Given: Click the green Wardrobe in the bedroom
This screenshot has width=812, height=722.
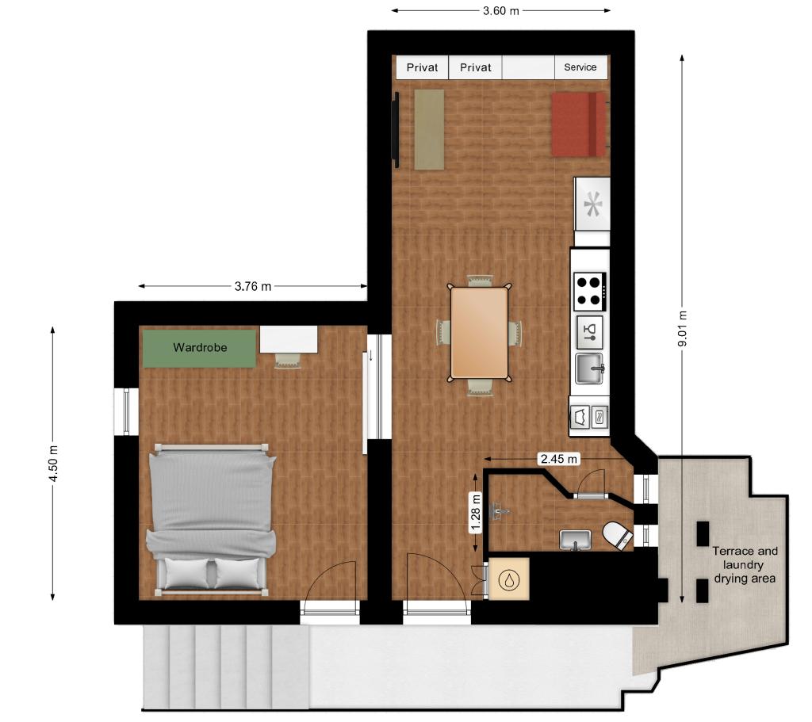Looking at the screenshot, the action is point(199,349).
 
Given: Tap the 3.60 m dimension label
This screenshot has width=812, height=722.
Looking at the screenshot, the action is point(501,11).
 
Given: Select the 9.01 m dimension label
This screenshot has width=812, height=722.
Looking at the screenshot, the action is point(683,329).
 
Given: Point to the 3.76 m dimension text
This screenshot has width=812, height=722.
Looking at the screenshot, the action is point(253,286).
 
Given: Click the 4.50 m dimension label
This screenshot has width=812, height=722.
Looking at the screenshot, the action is point(53,463).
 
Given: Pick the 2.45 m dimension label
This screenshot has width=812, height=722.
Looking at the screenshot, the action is point(559,459).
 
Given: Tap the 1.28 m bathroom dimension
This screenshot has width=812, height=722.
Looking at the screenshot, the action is point(476,513).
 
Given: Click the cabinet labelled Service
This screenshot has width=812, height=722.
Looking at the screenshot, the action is point(580,67).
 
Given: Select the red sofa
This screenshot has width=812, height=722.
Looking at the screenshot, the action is point(578,124).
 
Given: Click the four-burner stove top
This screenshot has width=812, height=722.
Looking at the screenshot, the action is point(590,292).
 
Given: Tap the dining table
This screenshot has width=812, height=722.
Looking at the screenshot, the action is point(479,334).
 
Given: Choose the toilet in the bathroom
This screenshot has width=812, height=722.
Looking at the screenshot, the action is point(618,535).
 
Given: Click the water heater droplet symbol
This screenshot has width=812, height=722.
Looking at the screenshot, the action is point(508,579).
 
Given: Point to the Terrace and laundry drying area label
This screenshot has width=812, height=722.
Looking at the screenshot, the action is point(745,564).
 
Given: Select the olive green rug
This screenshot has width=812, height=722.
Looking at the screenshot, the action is point(429,129).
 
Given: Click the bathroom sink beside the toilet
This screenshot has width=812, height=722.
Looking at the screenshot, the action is point(575,540).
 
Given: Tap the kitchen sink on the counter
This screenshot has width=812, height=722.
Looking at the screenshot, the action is point(590,368).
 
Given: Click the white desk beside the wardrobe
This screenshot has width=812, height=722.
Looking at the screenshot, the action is point(289,339).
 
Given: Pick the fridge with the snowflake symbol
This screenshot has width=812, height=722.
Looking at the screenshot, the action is point(592,204).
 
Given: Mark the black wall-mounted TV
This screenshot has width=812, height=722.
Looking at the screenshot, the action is point(396,130).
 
